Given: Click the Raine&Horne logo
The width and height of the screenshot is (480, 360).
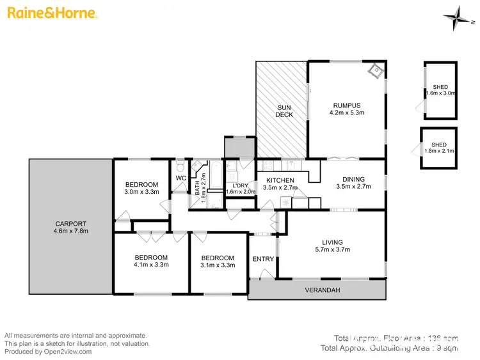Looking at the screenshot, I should click(x=52, y=13).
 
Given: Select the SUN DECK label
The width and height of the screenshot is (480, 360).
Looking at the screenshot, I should click(x=284, y=111).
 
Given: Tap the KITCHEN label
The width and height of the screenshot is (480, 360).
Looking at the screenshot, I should click(x=280, y=180).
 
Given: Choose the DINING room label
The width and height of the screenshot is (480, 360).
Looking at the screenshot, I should click(x=350, y=180).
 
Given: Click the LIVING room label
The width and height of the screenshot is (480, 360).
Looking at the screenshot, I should click(x=332, y=242).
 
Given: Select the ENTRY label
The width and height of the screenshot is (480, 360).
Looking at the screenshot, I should click(x=263, y=259).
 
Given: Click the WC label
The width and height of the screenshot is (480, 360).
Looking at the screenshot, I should click(x=181, y=178).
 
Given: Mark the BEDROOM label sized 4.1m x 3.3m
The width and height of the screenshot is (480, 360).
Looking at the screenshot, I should click(x=151, y=257).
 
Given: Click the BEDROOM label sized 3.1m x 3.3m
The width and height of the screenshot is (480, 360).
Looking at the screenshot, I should click(x=217, y=257).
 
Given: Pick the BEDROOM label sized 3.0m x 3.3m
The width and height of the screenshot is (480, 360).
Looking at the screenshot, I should click(x=141, y=184).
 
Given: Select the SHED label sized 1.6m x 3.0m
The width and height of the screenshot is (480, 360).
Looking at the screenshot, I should click(x=440, y=86).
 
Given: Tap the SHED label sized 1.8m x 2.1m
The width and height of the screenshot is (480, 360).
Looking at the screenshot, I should click(x=439, y=145).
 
